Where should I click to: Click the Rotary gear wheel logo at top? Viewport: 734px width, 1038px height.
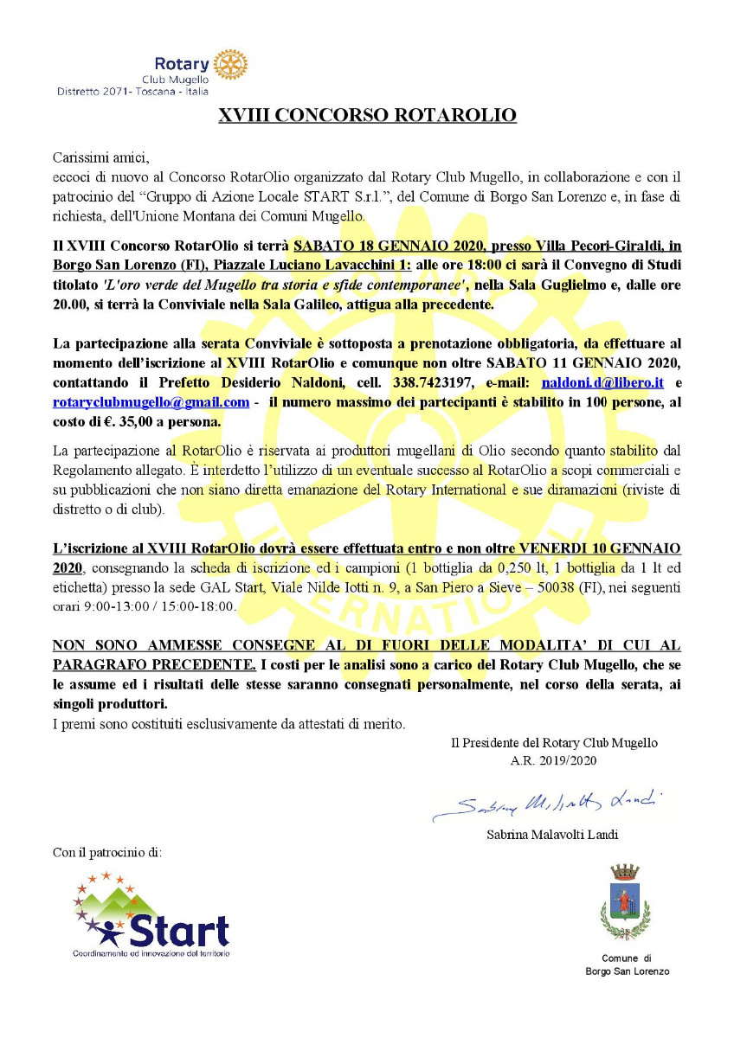pyautogui.click(x=230, y=65)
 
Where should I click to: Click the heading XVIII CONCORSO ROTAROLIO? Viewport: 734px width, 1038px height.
pyautogui.click(x=367, y=114)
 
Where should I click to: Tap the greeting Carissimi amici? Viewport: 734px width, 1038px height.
pyautogui.click(x=101, y=157)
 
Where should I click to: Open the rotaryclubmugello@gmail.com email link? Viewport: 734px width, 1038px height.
pyautogui.click(x=151, y=402)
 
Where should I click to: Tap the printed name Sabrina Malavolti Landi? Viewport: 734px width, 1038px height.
pyautogui.click(x=553, y=836)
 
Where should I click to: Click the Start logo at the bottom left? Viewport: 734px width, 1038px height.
pyautogui.click(x=152, y=917)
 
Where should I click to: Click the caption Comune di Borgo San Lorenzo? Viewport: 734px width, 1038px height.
pyautogui.click(x=625, y=964)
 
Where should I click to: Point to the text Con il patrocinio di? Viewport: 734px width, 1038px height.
pyautogui.click(x=107, y=853)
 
